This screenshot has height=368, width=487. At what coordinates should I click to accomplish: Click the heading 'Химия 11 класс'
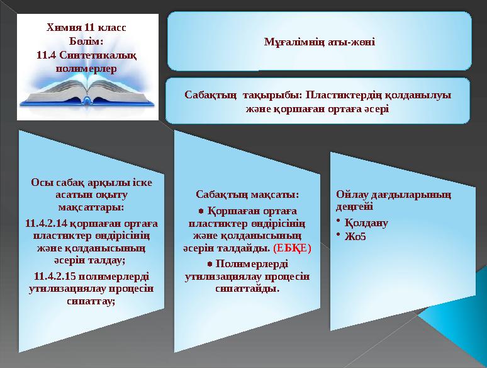[x=87, y=28]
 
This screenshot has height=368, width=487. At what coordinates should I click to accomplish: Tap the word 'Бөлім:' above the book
[x=87, y=41]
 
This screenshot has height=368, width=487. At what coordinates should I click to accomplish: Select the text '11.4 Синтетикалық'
[x=87, y=54]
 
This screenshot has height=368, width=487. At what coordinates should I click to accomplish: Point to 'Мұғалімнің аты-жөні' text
[x=319, y=42]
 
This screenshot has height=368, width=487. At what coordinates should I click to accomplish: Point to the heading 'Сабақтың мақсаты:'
[x=247, y=194]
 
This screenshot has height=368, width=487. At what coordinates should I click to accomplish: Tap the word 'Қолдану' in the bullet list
[x=367, y=223]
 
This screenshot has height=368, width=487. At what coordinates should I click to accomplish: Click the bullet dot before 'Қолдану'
[x=339, y=221]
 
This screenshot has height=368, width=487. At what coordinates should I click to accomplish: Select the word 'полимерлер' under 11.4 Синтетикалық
[x=87, y=67]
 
